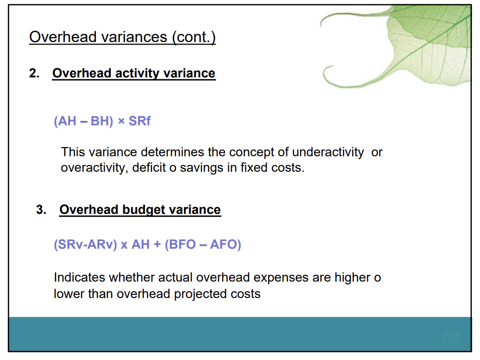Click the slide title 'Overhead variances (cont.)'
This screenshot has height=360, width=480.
[x=122, y=37]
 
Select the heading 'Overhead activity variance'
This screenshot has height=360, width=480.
[x=134, y=73]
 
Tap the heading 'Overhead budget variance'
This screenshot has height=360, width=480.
[x=140, y=210]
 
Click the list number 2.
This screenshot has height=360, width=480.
[x=34, y=73]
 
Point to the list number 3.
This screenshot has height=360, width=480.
[x=41, y=210]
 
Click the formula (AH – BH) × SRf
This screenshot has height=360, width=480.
[x=102, y=121]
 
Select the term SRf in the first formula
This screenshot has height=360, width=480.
[x=139, y=121]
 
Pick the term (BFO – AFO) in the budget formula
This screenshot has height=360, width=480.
[x=203, y=244]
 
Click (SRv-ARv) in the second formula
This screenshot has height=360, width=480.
[x=86, y=244]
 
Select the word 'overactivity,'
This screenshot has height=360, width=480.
[x=91, y=168]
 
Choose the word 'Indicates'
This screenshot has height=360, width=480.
[x=79, y=278]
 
